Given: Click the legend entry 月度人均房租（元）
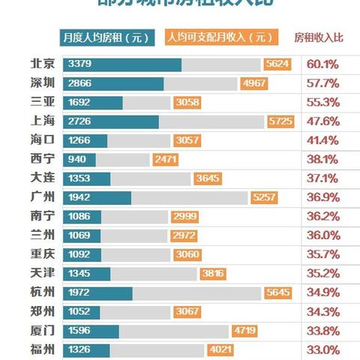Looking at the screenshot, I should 106,36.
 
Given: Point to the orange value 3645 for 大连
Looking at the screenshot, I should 207,178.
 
